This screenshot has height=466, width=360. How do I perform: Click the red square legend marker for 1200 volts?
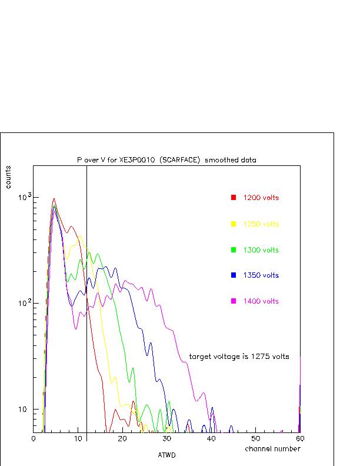point(234,198)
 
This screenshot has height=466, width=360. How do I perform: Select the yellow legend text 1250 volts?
point(261,224)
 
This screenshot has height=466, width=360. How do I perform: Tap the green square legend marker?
point(234,250)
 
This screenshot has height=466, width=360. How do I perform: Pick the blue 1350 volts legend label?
point(261,275)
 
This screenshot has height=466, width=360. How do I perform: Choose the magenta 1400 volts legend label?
point(261,301)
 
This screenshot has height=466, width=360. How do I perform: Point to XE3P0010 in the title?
point(138,159)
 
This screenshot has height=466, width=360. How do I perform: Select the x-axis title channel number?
point(272,449)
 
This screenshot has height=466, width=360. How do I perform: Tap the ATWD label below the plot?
point(166,455)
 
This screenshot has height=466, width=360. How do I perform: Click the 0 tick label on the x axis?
point(34,439)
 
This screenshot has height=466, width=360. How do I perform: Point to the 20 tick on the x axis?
point(122,439)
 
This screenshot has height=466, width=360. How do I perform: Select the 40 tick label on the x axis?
point(211,439)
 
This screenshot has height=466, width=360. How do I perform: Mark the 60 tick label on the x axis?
point(299,439)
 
